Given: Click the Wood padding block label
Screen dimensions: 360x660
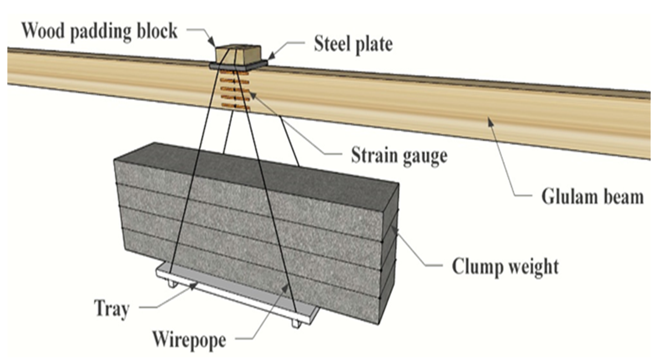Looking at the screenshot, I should point(99,31).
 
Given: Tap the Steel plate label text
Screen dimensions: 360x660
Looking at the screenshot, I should point(353,44).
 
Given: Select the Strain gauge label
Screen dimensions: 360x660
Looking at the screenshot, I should point(399,156).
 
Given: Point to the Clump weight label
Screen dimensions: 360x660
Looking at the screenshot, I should point(505,266).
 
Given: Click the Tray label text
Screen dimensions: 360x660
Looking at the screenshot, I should point(111,308).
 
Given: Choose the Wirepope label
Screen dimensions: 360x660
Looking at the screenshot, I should point(189,340).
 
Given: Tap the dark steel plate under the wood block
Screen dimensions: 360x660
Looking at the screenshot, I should point(238,66).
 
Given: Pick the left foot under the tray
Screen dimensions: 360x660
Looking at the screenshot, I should point(172,283).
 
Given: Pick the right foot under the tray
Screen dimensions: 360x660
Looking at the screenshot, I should point(296,323).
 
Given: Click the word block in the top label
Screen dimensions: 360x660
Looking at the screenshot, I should point(157,31).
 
